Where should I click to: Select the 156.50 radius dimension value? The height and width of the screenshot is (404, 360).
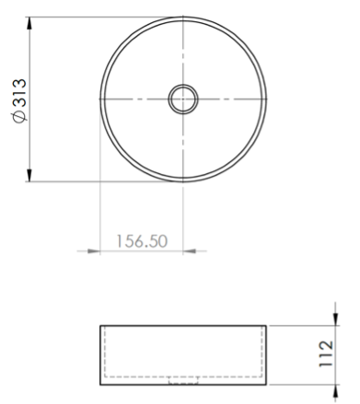(142, 241)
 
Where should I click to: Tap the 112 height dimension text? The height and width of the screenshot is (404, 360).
(326, 353)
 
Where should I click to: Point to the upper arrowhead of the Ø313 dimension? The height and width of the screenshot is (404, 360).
(29, 23)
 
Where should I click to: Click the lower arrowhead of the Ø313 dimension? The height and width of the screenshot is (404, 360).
(29, 175)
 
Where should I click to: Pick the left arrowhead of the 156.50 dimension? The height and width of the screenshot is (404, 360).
(94, 251)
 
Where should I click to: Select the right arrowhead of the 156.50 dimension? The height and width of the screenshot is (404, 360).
(190, 251)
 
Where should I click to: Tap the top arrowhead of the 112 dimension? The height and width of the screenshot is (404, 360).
(335, 319)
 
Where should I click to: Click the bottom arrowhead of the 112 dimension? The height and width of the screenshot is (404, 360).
(335, 391)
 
